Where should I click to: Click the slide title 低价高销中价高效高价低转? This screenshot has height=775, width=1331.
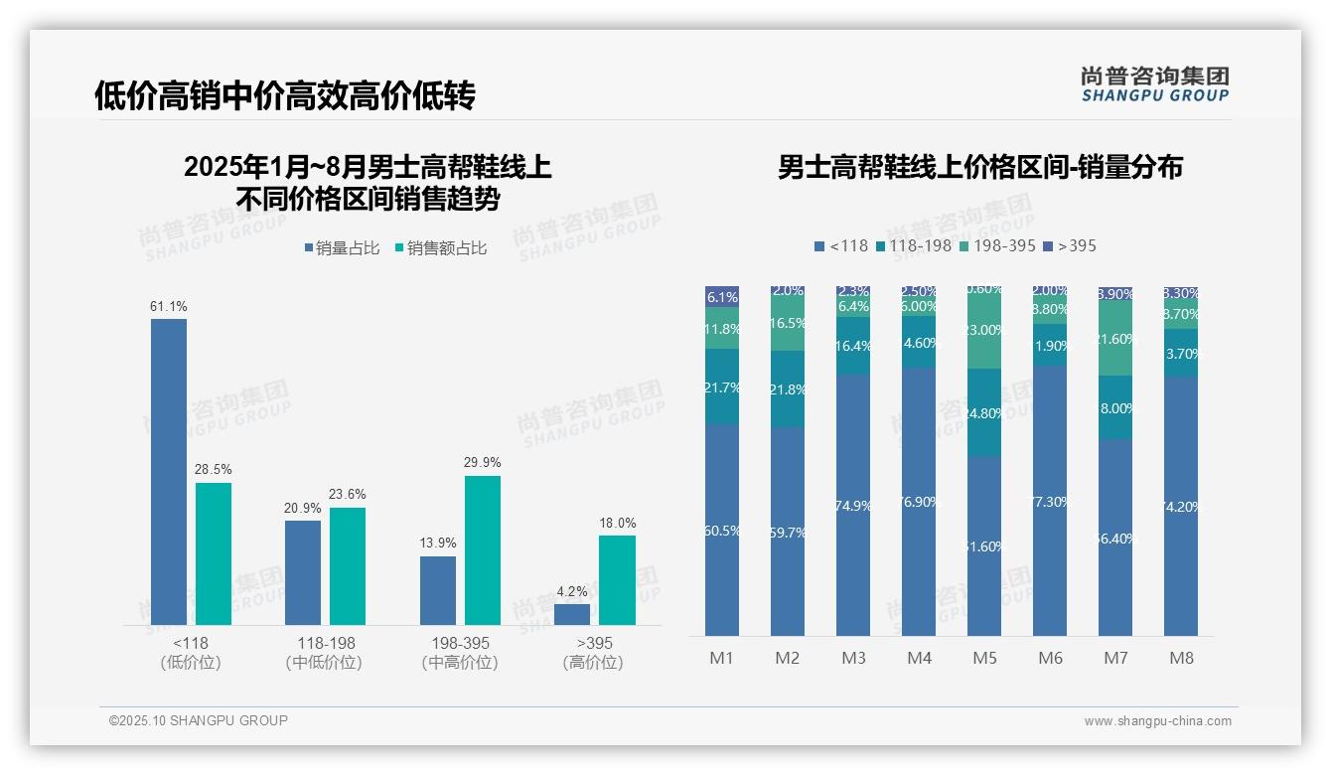(285, 95)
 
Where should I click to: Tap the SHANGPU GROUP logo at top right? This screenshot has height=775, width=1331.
(1155, 84)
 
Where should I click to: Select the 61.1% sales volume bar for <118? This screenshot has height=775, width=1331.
(169, 471)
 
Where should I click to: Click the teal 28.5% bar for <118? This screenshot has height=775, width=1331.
(214, 553)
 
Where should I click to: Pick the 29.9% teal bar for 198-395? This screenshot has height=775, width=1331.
(483, 549)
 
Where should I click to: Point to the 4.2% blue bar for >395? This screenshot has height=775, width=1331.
(572, 614)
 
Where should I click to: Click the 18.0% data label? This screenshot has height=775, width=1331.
(617, 524)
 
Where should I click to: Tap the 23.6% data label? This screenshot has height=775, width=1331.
(348, 495)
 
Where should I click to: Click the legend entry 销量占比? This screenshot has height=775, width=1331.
(342, 248)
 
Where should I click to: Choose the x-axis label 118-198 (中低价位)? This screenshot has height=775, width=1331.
(325, 653)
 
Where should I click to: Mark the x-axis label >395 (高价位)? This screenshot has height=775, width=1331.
(593, 653)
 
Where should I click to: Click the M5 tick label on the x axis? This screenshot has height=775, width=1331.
(984, 658)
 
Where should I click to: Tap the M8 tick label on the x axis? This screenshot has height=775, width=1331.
(1181, 658)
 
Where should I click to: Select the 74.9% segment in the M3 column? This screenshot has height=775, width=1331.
(853, 505)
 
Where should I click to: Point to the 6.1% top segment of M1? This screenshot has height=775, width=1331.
(722, 296)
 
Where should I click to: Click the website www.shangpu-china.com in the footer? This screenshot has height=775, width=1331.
(1157, 721)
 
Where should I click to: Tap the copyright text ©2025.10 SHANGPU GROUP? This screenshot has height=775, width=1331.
(199, 720)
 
